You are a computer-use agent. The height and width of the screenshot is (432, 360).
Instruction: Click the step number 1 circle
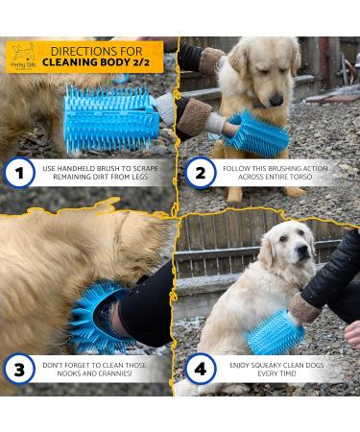(20, 173)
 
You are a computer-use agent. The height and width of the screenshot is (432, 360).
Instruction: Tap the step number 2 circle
(200, 173)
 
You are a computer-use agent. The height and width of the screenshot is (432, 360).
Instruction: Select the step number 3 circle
(20, 368)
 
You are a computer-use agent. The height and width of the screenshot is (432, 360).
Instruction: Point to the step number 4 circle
(200, 368)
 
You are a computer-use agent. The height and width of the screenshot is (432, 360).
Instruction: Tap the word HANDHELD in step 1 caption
(89, 168)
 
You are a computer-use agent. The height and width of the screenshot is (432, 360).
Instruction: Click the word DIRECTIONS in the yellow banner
(96, 49)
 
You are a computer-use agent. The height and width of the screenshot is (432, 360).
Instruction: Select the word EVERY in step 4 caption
(271, 374)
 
